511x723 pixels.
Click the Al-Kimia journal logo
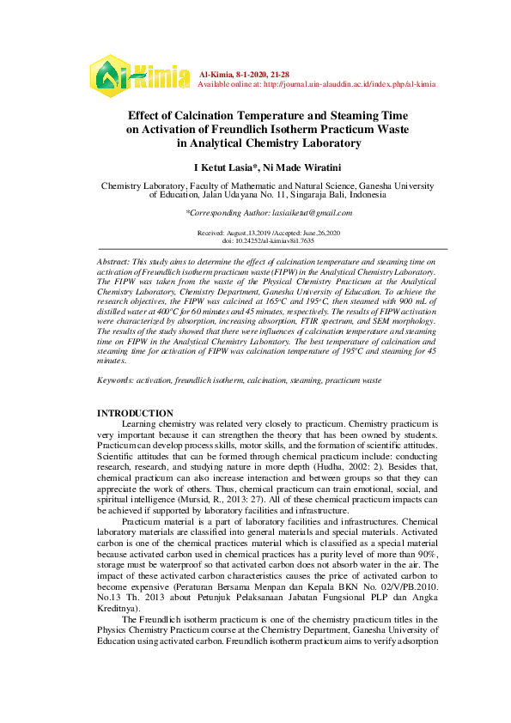pyautogui.click(x=140, y=76)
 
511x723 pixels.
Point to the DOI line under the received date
pyautogui.click(x=267, y=240)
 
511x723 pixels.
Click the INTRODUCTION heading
pyautogui.click(x=135, y=413)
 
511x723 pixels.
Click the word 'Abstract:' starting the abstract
pyautogui.click(x=113, y=259)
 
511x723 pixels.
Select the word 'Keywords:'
pyautogui.click(x=116, y=379)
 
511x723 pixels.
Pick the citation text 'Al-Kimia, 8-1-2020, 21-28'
pyautogui.click(x=244, y=76)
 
